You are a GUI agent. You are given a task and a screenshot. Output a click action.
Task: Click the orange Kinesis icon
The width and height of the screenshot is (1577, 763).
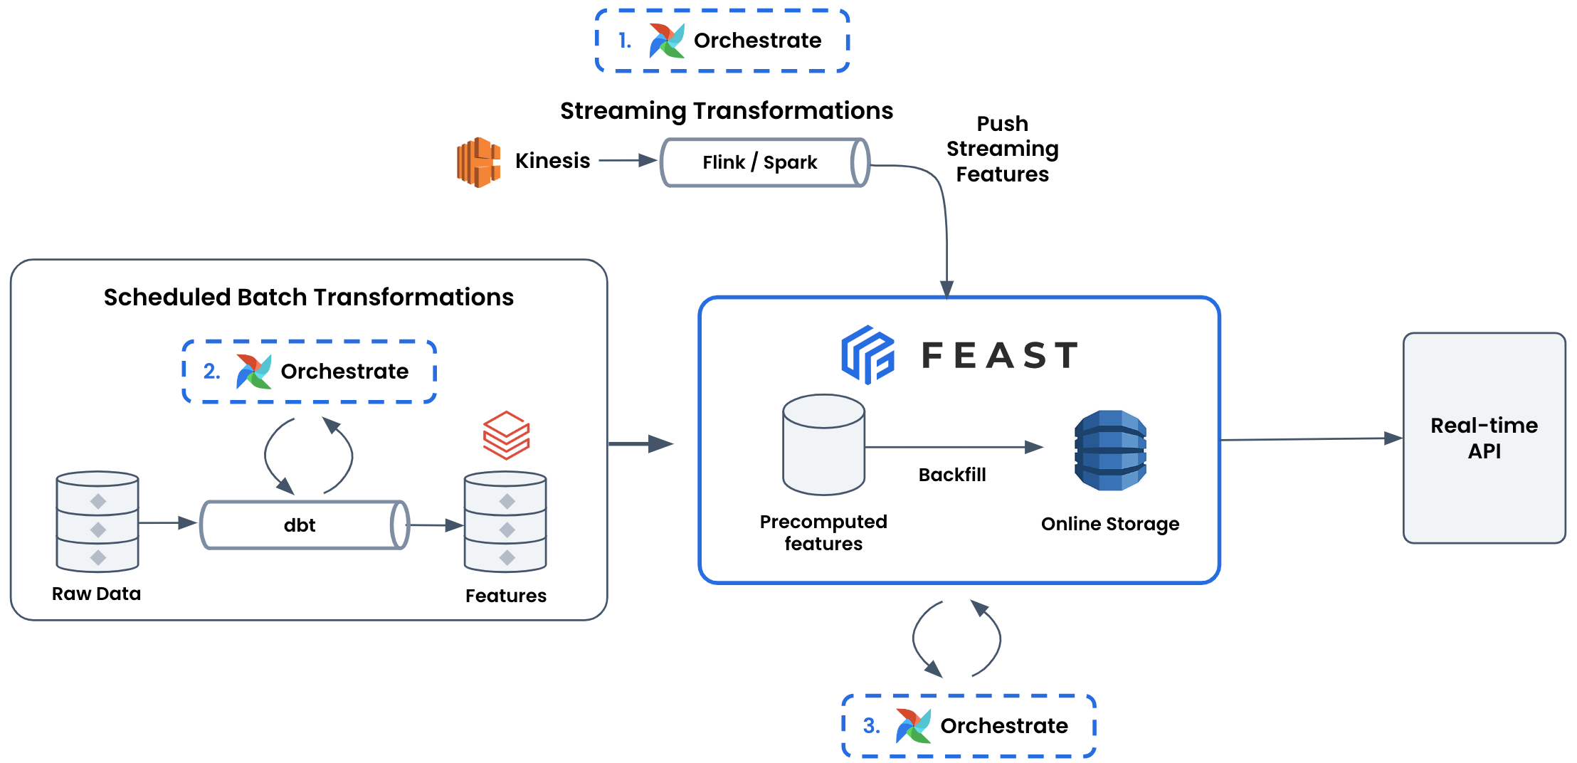[478, 162]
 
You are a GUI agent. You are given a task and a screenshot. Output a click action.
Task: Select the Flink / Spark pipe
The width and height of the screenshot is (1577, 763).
[764, 162]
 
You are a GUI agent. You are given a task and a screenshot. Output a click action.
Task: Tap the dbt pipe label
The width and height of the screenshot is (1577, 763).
[300, 525]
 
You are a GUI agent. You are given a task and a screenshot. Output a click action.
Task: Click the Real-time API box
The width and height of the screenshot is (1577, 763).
[1484, 438]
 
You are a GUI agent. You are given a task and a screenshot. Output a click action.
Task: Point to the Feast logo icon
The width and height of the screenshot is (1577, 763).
[867, 354]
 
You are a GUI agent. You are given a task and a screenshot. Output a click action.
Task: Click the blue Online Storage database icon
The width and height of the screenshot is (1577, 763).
[1110, 450]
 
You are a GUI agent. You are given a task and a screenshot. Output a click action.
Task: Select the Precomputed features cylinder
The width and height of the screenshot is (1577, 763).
[823, 445]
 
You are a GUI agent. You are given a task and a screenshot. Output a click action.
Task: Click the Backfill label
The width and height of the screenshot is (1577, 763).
[952, 475]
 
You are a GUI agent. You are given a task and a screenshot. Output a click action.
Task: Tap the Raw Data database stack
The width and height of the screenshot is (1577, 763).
[97, 521]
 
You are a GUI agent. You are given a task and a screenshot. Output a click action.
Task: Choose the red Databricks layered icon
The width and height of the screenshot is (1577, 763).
[506, 435]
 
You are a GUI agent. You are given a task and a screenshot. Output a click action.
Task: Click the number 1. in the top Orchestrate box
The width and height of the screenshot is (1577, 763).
[624, 41]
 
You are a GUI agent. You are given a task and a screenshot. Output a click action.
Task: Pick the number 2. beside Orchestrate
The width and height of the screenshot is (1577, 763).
[211, 371]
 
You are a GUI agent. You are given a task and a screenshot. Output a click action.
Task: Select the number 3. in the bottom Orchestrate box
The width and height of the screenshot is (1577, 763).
[871, 725]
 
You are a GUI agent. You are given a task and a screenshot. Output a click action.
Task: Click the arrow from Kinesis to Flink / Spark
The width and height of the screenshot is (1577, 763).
[627, 161]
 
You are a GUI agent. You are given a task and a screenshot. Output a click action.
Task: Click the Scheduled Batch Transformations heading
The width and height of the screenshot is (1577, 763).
[308, 297]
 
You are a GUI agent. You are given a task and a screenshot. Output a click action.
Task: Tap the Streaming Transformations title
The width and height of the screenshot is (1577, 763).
[726, 110]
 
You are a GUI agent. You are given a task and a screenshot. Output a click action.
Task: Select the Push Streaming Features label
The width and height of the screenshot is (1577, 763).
[1002, 149]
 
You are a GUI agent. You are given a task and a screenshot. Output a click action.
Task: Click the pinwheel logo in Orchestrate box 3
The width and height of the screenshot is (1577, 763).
[913, 725]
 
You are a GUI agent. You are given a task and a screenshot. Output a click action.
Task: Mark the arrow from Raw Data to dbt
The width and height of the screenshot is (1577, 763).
[168, 523]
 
